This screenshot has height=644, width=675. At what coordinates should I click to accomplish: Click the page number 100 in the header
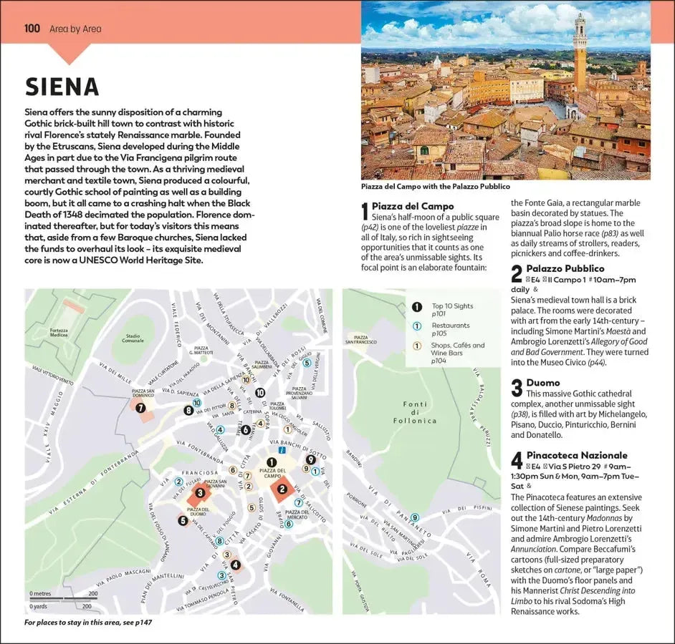(x=32, y=29)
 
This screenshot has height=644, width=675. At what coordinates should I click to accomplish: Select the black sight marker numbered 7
(x=140, y=408)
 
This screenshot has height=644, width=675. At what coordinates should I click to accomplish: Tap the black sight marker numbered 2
(x=282, y=489)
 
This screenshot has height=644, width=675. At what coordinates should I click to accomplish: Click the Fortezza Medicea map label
(x=59, y=333)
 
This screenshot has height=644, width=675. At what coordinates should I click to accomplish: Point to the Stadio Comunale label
(x=133, y=338)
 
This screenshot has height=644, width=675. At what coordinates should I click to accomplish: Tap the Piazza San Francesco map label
(x=360, y=339)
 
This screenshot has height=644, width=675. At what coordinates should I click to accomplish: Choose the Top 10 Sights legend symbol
(x=417, y=307)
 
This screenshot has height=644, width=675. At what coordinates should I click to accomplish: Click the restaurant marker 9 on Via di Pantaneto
(x=415, y=517)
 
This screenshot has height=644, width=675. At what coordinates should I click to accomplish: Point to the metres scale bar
(x=63, y=597)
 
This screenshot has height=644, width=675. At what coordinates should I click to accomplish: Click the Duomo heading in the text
(x=542, y=383)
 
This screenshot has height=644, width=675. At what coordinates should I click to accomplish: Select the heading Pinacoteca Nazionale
(x=576, y=455)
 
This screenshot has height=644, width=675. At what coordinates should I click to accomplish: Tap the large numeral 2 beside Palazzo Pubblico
(x=516, y=273)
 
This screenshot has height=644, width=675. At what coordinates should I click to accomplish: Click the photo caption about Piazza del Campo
(x=436, y=187)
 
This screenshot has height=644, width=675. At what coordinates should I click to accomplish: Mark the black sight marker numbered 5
(x=183, y=520)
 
